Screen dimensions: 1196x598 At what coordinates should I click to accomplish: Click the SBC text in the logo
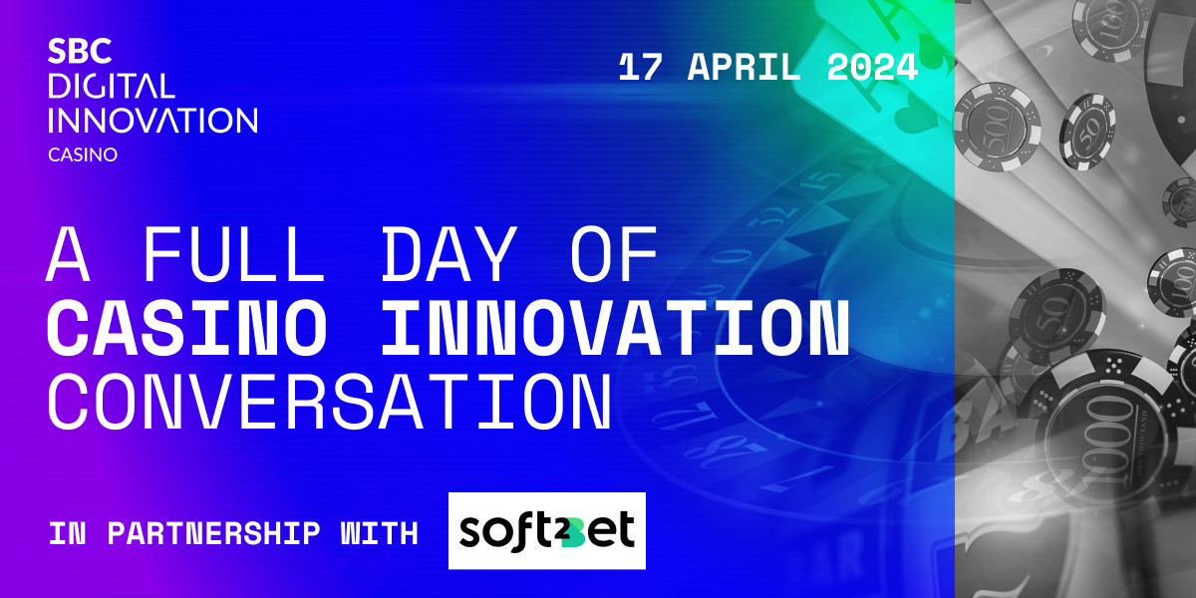pyautogui.click(x=80, y=51)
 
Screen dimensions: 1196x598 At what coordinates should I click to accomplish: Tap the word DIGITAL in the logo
pyautogui.click(x=112, y=86)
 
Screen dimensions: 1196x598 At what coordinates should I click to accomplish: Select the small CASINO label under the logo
pyautogui.click(x=83, y=154)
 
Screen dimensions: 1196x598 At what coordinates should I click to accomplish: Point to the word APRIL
pyautogui.click(x=744, y=68)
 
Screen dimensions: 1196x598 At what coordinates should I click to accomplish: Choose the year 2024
pyautogui.click(x=872, y=68)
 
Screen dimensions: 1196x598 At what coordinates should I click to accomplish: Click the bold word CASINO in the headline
pyautogui.click(x=187, y=327)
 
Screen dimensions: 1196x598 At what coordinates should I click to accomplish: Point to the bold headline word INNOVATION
pyautogui.click(x=615, y=327)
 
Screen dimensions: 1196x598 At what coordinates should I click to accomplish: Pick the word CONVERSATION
pyautogui.click(x=330, y=402)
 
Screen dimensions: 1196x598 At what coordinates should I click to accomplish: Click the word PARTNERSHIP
pyautogui.click(x=213, y=533)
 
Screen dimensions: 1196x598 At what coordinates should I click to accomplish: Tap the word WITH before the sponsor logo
pyautogui.click(x=380, y=533)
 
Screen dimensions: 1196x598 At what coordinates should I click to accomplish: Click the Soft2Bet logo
pyautogui.click(x=547, y=530)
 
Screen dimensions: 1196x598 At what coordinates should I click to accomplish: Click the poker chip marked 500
pyautogui.click(x=997, y=128)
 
